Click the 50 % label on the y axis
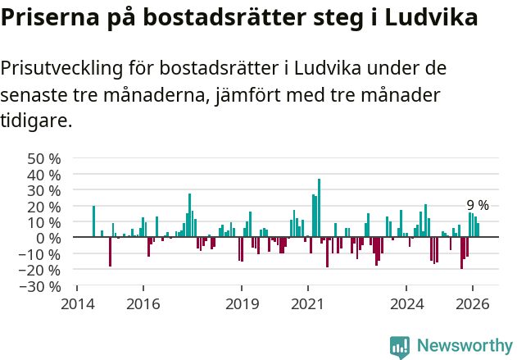click(x=43, y=158)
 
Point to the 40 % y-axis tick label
click(x=43, y=175)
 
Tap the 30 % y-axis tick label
click(x=43, y=190)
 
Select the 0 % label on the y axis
click(x=48, y=238)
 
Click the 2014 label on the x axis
click(x=77, y=303)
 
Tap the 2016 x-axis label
click(x=143, y=303)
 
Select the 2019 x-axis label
click(x=242, y=303)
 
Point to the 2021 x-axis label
click(x=308, y=303)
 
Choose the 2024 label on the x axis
click(x=406, y=303)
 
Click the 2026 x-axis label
click(x=473, y=303)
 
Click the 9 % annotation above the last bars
click(x=478, y=205)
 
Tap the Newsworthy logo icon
click(x=400, y=347)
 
